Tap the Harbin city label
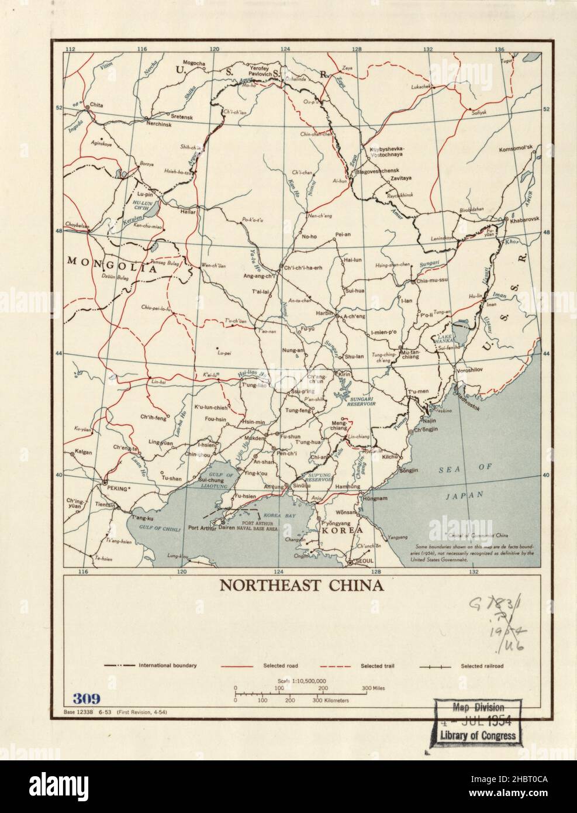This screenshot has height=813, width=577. point(324,314)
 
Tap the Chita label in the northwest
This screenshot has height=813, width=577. point(96,105)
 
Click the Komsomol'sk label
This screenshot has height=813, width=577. point(516,149)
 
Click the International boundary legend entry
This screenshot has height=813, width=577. point(167,666)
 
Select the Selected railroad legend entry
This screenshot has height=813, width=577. point(482,666)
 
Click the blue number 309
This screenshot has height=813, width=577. point(87,698)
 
